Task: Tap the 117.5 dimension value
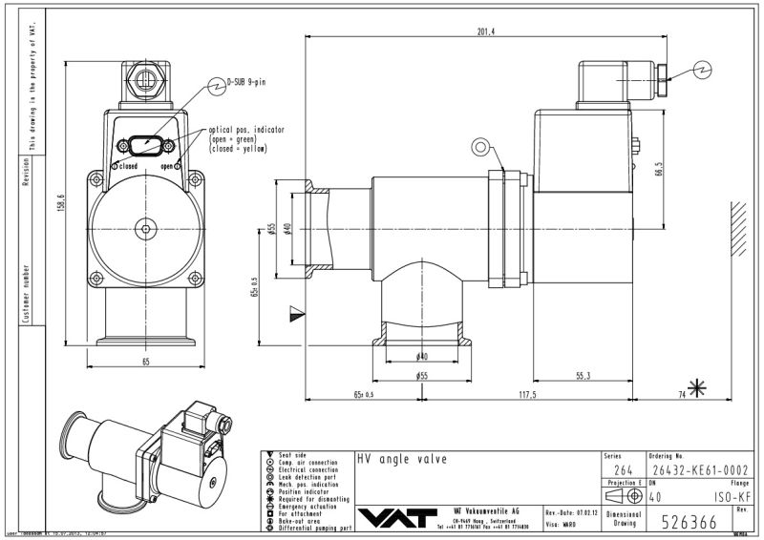click(x=527, y=394)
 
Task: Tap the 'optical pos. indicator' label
click(x=246, y=130)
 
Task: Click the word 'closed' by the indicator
click(x=128, y=166)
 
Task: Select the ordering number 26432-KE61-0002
click(x=692, y=470)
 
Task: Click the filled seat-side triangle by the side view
click(x=295, y=311)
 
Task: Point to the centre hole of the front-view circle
click(x=146, y=227)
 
